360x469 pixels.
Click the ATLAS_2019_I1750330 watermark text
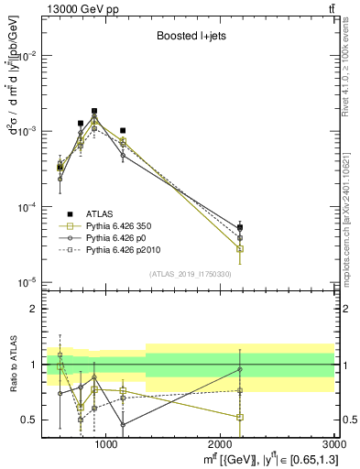point(191,274)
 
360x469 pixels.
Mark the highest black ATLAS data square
point(94,111)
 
